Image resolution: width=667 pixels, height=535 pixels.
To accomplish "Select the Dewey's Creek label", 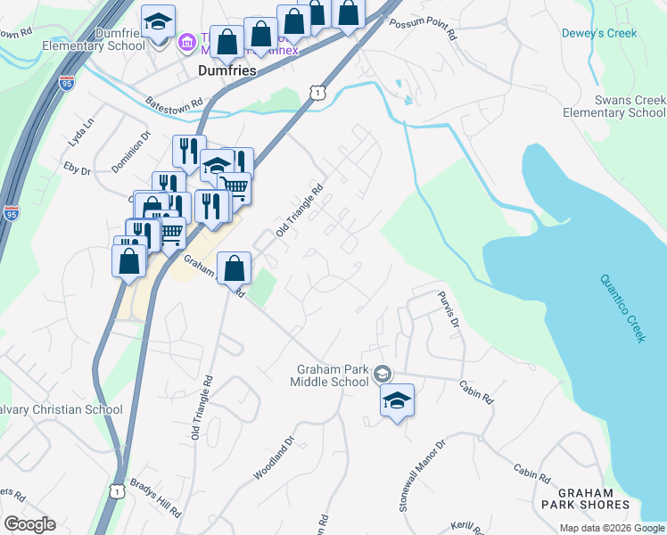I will pos(598,33).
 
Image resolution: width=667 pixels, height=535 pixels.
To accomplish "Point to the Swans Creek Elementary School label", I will pos(614,106).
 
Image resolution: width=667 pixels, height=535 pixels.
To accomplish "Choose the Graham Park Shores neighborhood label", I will pos(586,498).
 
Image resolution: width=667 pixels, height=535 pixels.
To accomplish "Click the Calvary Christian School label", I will pos(61,409).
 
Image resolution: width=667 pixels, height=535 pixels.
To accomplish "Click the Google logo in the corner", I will pos(29,524).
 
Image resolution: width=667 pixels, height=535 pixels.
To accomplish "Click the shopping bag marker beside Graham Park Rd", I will pos(234,267).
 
